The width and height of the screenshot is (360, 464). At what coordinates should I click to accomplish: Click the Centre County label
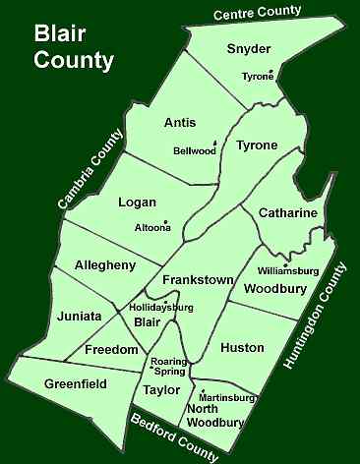(x=265, y=14)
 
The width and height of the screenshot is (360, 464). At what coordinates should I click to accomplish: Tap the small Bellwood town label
(x=196, y=150)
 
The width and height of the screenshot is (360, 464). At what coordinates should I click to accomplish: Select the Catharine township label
(x=287, y=212)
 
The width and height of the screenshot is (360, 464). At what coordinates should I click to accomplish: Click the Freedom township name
(x=110, y=350)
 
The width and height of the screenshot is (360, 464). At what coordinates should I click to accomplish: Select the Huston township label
(x=241, y=348)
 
